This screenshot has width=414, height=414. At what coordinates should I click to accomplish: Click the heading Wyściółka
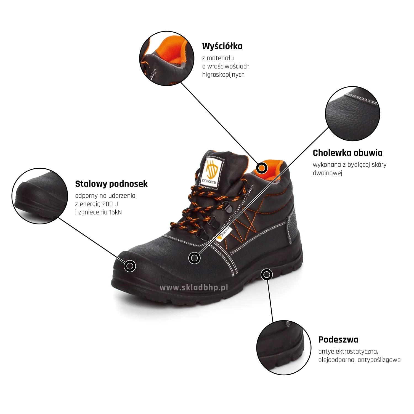pos(222,46)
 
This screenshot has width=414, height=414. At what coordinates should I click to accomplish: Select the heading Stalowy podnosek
pos(111,184)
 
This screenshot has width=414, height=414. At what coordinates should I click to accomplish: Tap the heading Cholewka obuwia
pos(347,153)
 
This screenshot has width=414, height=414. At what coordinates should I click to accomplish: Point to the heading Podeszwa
pos(338,339)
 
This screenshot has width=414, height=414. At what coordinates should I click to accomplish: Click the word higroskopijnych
pos(223,75)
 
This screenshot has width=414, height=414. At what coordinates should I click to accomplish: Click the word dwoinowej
pos(327,173)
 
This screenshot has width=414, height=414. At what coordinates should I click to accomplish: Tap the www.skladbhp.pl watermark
pos(194,288)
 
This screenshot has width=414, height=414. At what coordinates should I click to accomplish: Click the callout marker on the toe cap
pos(130,266)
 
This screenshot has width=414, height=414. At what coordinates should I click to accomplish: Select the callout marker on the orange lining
pos(262,168)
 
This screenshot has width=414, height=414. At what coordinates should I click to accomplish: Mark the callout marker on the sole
pos(267,274)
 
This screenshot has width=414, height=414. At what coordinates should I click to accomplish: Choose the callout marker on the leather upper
pos(194,258)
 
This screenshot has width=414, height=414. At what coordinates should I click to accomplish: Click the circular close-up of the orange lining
pos(167,58)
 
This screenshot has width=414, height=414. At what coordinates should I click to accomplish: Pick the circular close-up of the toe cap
pos(40,196)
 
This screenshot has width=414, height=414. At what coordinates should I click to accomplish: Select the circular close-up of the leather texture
pos(352,114)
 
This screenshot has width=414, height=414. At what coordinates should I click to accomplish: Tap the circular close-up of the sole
pos(284,348)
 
